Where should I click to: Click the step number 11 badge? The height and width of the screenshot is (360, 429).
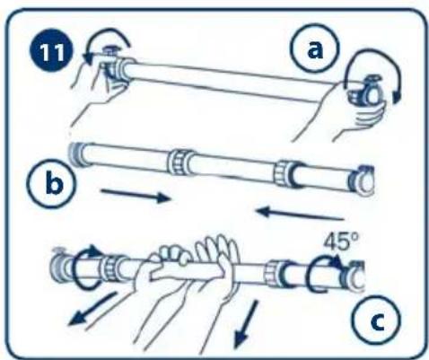(51, 51)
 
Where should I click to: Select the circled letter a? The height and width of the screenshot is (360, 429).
(316, 48)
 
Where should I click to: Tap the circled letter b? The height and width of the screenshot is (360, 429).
(53, 182)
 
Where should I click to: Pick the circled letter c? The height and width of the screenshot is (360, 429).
(376, 320)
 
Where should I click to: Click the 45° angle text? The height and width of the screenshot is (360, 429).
(341, 241)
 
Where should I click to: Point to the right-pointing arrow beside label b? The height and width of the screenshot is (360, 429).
(136, 195)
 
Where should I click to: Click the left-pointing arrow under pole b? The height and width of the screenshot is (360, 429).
(300, 213)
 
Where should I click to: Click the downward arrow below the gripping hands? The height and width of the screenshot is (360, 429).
(245, 324)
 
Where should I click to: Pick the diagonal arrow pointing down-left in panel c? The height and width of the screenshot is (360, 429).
(92, 309)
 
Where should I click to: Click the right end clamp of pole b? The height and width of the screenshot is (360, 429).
(362, 180)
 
